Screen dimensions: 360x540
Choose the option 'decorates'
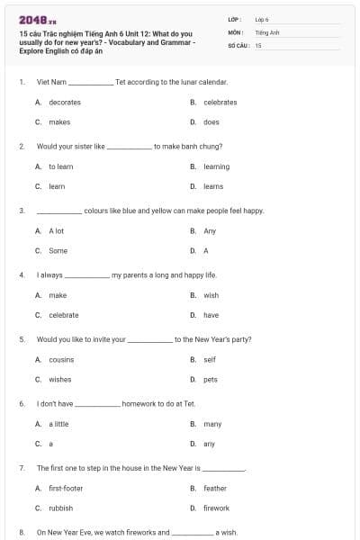(65, 103)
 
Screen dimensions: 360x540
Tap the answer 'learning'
(216, 166)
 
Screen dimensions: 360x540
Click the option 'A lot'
(57, 231)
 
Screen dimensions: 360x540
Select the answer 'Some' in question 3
(58, 251)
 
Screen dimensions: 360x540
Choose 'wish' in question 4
(211, 295)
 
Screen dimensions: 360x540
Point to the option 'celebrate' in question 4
(64, 315)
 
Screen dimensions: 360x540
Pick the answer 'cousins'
(61, 359)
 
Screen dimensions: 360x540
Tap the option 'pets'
(211, 379)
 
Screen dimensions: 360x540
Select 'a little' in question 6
(58, 423)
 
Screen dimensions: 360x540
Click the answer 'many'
(212, 423)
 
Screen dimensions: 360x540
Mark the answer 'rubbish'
(61, 508)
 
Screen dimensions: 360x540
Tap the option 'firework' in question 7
(216, 508)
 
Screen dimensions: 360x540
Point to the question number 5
(22, 339)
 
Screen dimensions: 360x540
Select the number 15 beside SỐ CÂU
(258, 44)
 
